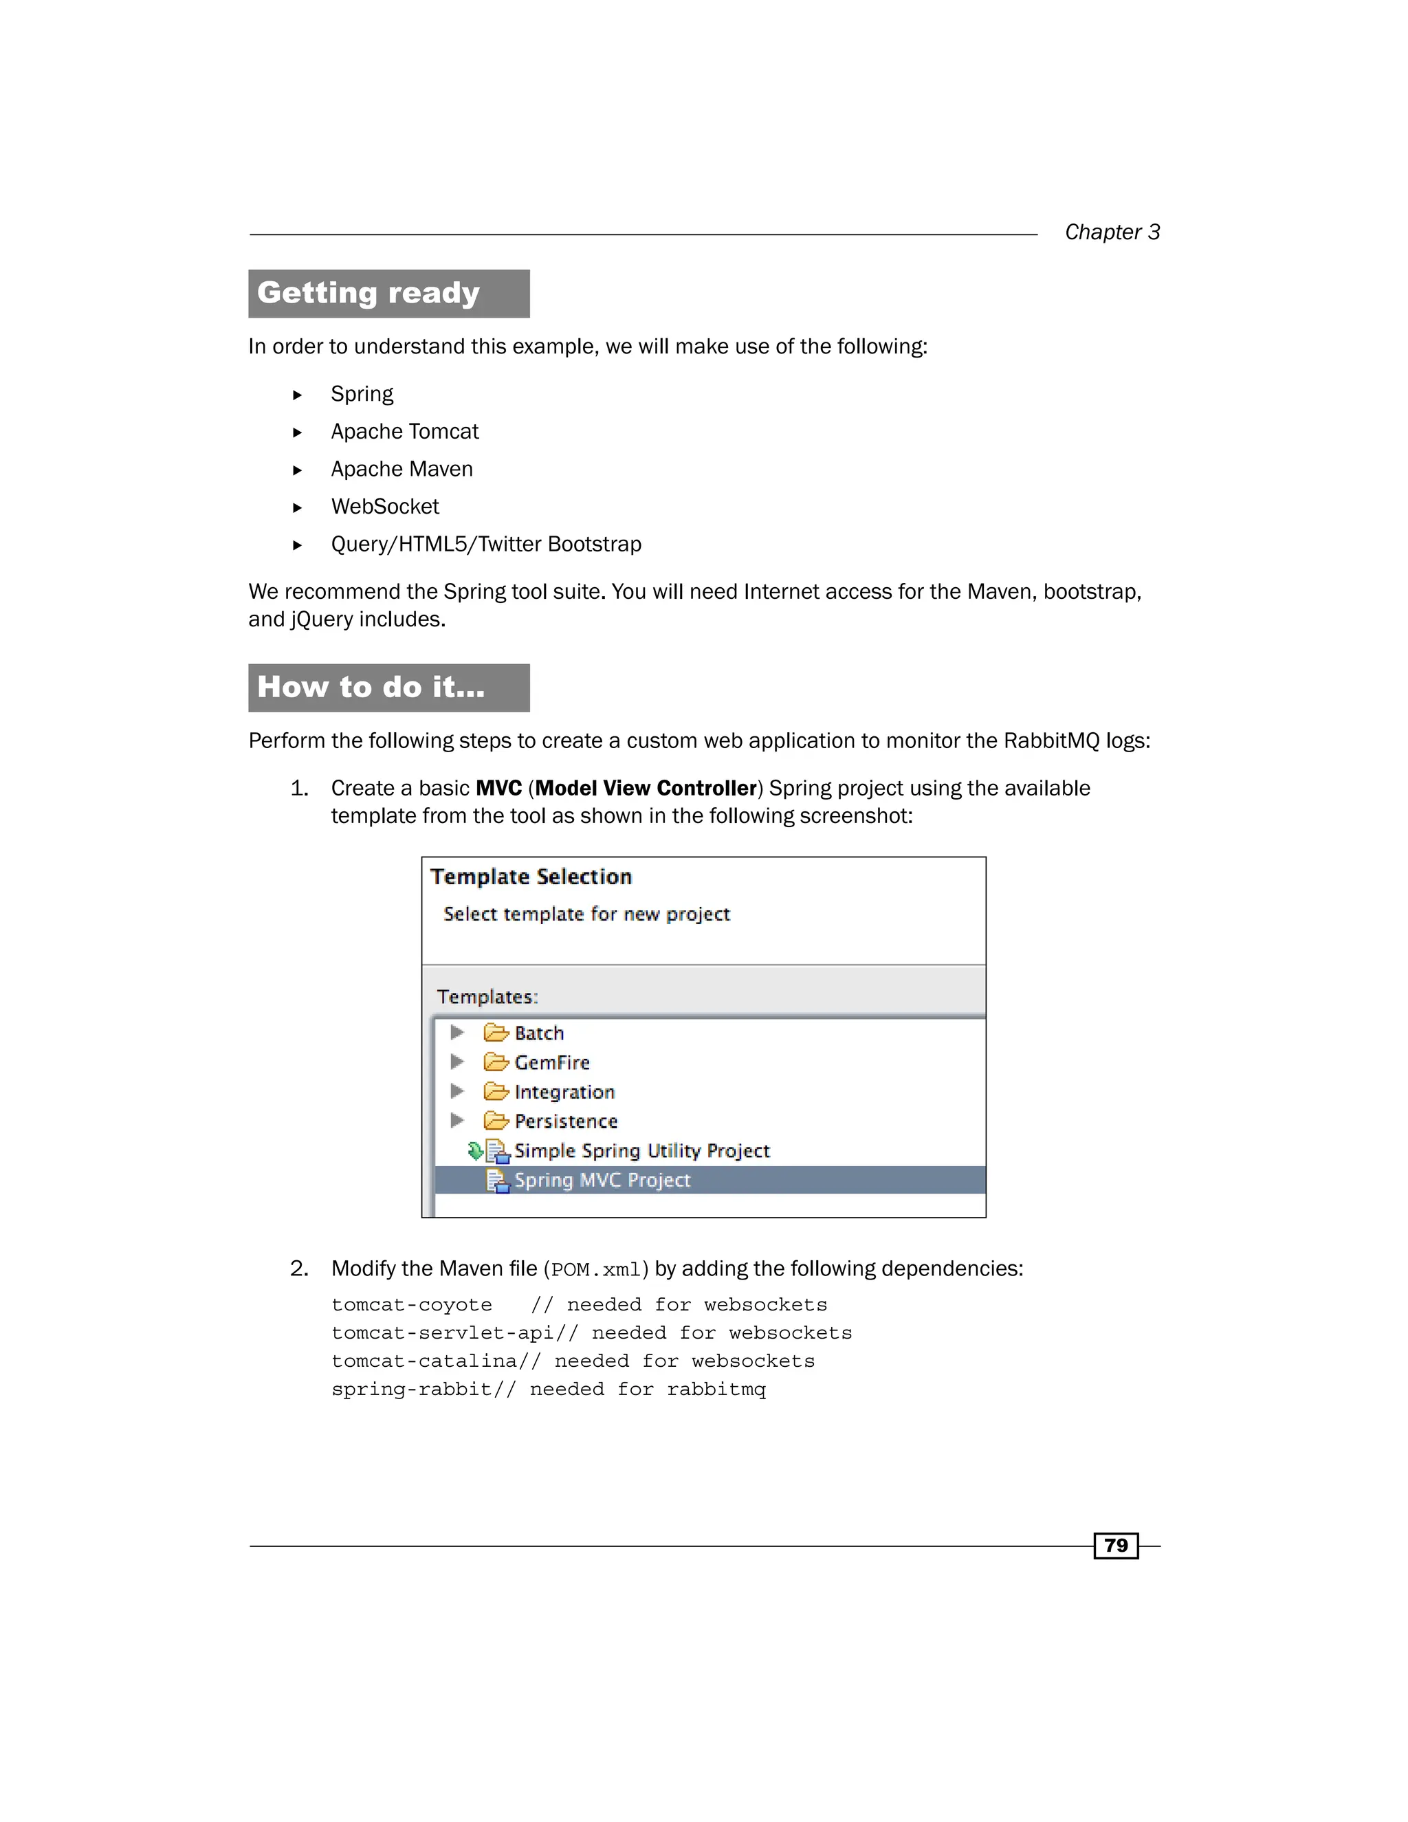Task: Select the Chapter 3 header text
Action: (x=1111, y=232)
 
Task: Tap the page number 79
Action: (x=1115, y=1545)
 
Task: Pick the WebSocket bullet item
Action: (x=384, y=507)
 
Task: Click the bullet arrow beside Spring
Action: (x=297, y=395)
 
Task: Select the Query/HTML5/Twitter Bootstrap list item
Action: (x=485, y=544)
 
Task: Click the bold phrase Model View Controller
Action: (x=646, y=789)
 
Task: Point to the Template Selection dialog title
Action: (x=531, y=877)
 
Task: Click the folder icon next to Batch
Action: (x=496, y=1033)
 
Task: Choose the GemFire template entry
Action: (x=551, y=1062)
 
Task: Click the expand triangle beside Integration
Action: (x=456, y=1091)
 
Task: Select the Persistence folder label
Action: (x=566, y=1121)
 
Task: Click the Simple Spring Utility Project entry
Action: (x=641, y=1150)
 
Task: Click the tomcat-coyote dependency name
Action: (x=411, y=1305)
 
